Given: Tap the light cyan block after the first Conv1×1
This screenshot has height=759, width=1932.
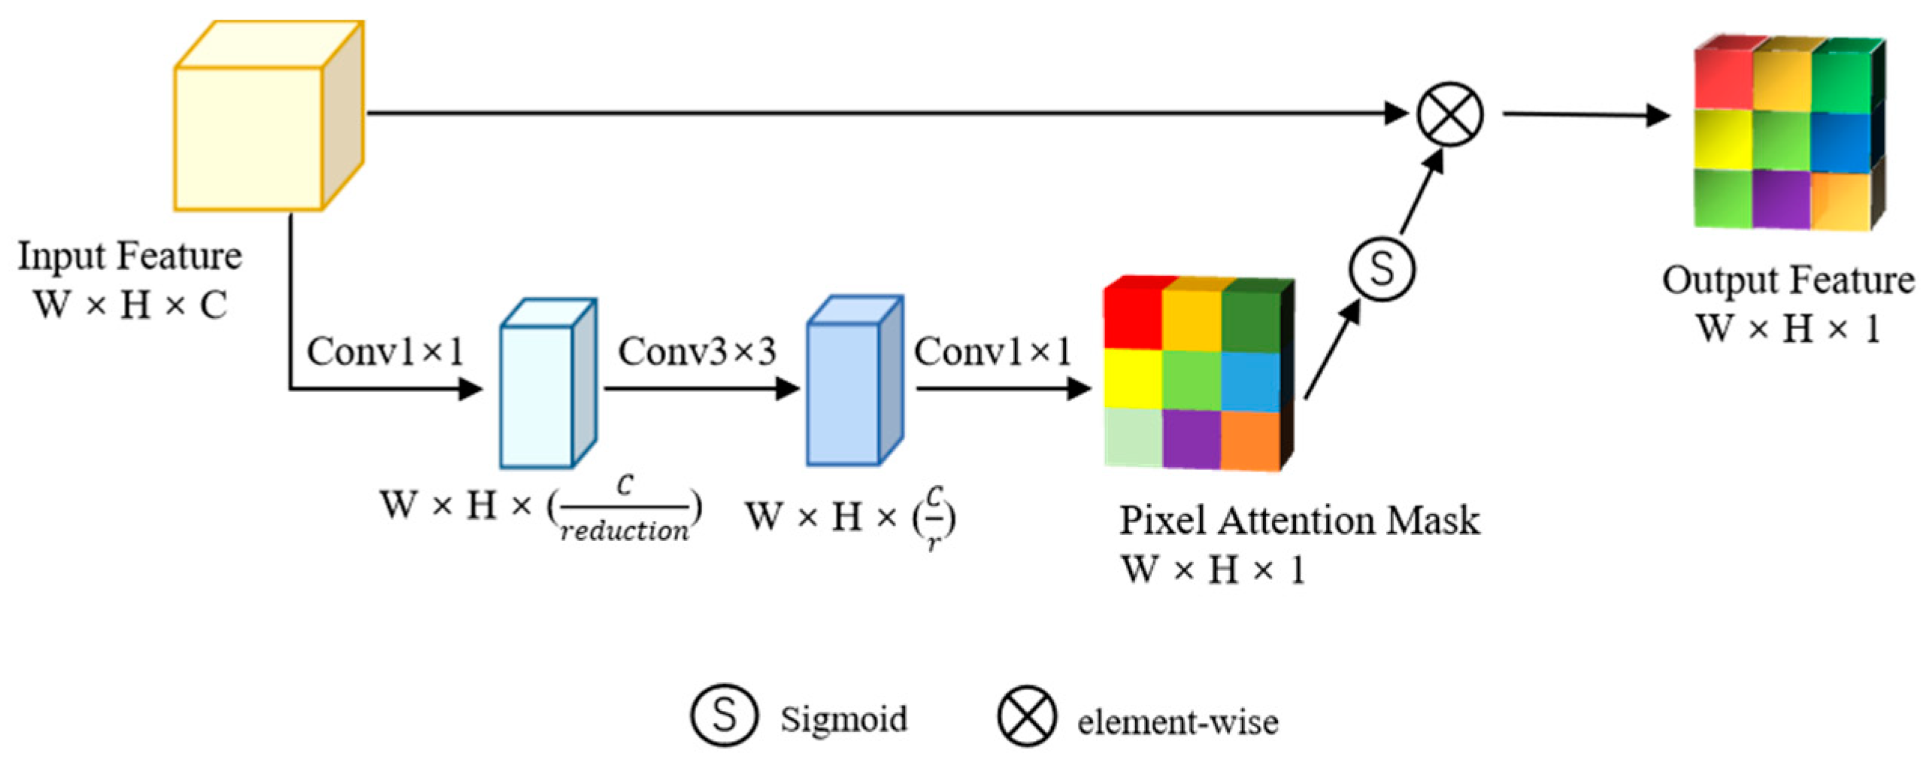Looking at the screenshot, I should pyautogui.click(x=537, y=396).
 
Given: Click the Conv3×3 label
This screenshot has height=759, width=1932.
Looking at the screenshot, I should pyautogui.click(x=697, y=351).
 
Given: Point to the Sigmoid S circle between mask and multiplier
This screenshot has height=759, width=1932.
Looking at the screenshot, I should pyautogui.click(x=1381, y=269).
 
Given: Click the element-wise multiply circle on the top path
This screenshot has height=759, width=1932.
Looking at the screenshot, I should pyautogui.click(x=1449, y=114).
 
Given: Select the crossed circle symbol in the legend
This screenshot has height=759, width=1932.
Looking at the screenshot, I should pyautogui.click(x=1027, y=715).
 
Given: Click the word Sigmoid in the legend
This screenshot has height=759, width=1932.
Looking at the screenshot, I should pyautogui.click(x=843, y=718).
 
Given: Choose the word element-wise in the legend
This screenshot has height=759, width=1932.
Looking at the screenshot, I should pyautogui.click(x=1177, y=722).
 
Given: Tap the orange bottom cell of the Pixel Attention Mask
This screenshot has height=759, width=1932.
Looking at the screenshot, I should pyautogui.click(x=1249, y=441).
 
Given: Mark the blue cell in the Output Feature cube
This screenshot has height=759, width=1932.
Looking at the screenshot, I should pyautogui.click(x=1839, y=141).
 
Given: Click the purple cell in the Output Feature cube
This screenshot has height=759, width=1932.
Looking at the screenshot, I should pyautogui.click(x=1780, y=199).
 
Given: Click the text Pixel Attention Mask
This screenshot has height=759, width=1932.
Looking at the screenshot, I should pyautogui.click(x=1299, y=521).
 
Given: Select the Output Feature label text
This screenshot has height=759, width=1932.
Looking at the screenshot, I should pyautogui.click(x=1788, y=281).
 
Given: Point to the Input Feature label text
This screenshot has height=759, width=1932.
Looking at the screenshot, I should pyautogui.click(x=129, y=256).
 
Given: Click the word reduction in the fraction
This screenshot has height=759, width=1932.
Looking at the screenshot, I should pyautogui.click(x=624, y=531).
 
